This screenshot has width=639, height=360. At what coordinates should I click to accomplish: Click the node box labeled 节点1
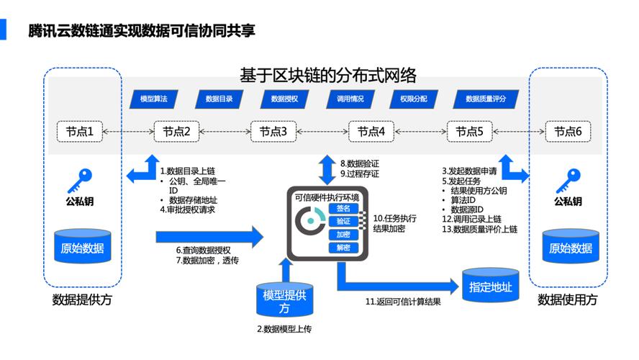80,132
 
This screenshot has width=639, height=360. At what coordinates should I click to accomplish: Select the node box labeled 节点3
273,132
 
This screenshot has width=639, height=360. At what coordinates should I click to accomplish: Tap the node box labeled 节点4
371,132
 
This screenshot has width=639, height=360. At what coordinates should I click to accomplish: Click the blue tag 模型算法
153,99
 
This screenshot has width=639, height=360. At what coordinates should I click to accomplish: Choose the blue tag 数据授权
284,99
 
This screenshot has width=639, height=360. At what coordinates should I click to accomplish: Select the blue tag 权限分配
414,99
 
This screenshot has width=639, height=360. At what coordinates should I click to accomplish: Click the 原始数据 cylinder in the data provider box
80,247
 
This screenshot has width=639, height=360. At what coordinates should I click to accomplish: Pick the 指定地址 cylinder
490,286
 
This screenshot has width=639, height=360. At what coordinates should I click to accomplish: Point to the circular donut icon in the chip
313,221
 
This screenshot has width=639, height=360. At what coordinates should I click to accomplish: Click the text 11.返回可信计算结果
403,302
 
